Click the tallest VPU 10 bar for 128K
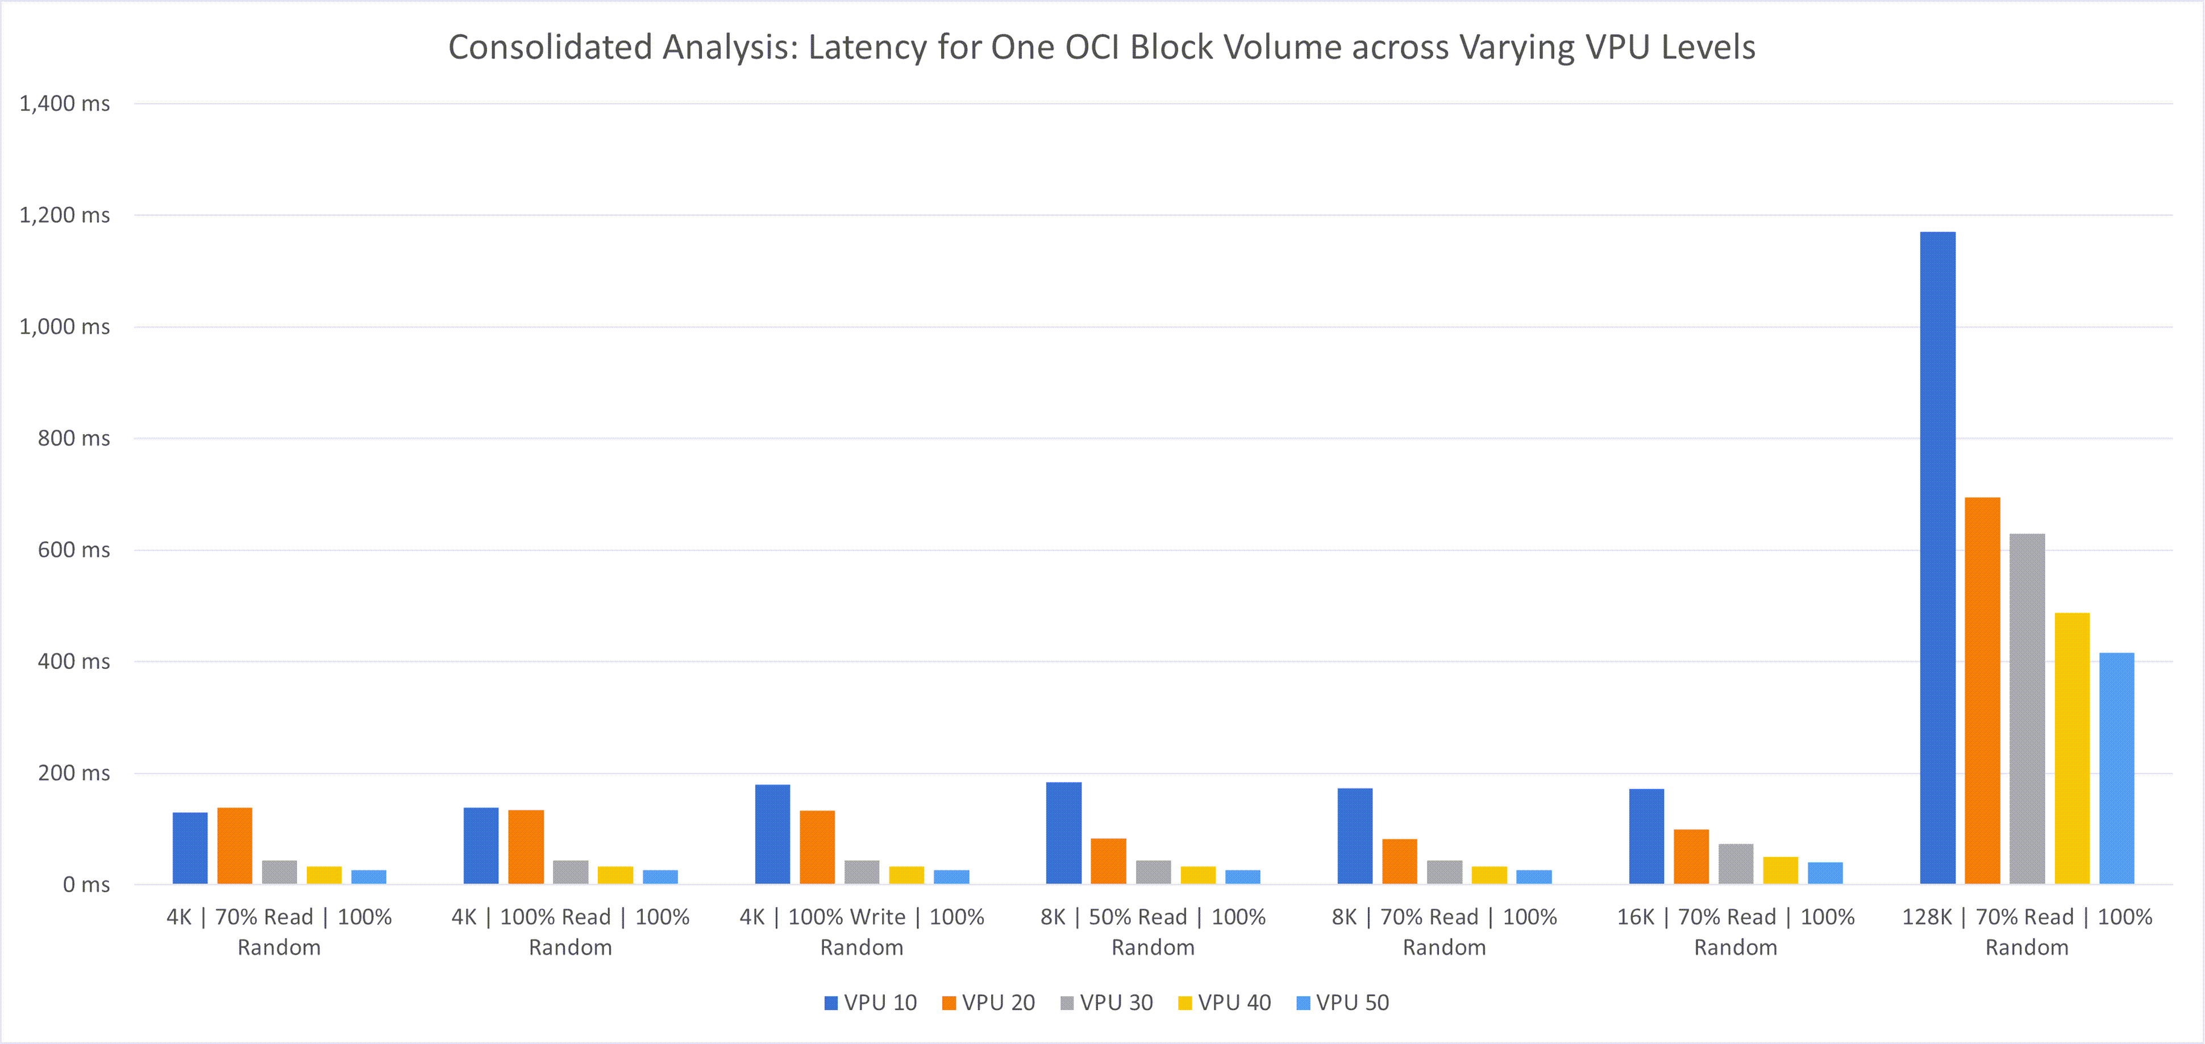click(x=1937, y=556)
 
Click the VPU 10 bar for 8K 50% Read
click(x=1063, y=833)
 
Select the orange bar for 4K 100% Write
click(x=817, y=847)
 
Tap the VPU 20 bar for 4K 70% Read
click(x=235, y=846)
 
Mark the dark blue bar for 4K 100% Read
click(x=481, y=846)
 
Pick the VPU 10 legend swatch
click(x=830, y=1003)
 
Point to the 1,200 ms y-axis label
click(x=65, y=215)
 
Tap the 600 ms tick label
click(x=74, y=550)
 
